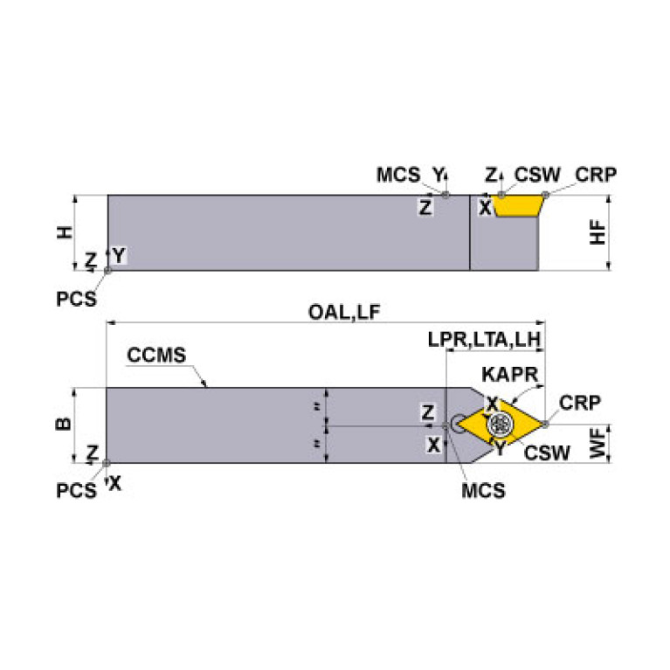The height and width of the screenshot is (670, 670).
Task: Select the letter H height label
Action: point(64,231)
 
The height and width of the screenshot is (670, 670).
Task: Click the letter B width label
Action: point(64,425)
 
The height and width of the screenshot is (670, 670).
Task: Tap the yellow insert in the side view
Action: point(517,206)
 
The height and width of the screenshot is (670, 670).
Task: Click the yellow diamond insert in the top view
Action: point(477,425)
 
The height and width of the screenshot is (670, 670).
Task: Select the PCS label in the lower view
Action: point(76,490)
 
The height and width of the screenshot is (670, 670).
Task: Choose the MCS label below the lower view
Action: point(483,491)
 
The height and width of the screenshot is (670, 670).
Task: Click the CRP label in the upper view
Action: point(596,175)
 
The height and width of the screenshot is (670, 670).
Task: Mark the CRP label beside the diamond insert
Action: point(579,403)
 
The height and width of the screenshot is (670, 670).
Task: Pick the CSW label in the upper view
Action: point(537,175)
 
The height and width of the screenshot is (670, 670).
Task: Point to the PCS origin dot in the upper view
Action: point(107,271)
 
